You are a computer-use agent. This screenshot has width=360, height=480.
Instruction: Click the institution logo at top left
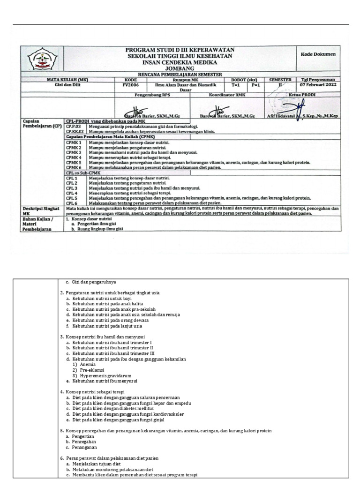(43, 60)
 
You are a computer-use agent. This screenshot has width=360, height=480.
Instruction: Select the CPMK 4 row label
(74, 157)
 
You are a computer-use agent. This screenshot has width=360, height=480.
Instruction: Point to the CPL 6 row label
(71, 203)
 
